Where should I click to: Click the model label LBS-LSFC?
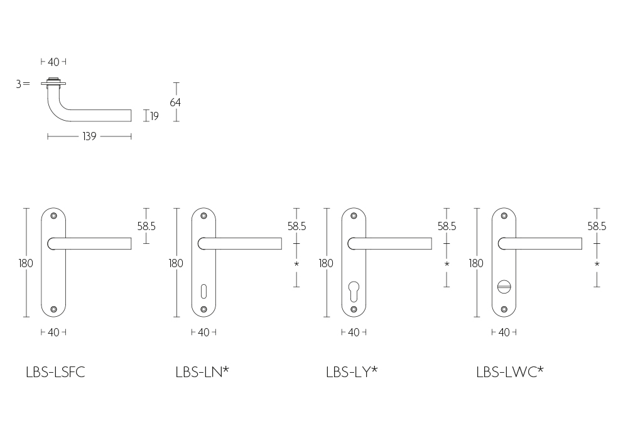click(55, 372)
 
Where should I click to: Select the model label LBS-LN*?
click(202, 372)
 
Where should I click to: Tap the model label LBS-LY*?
click(352, 372)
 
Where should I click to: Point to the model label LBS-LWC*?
click(510, 372)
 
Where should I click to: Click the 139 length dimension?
click(89, 136)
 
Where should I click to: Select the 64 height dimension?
click(175, 102)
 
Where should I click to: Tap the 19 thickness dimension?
click(154, 116)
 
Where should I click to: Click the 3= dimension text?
click(23, 84)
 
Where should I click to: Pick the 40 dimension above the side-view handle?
click(53, 62)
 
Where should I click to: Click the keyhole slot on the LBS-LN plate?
click(203, 291)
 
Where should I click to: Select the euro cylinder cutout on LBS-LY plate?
click(354, 291)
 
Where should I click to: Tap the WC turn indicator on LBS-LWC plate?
click(504, 287)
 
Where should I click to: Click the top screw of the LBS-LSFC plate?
click(53, 216)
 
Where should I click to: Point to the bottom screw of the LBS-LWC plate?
click(504, 309)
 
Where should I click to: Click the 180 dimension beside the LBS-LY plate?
click(326, 263)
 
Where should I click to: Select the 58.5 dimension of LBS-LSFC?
click(146, 226)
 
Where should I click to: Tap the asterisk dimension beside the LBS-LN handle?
click(296, 264)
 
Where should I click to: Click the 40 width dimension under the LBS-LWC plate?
click(504, 333)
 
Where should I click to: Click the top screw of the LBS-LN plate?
click(203, 216)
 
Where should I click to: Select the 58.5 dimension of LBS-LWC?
click(597, 226)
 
